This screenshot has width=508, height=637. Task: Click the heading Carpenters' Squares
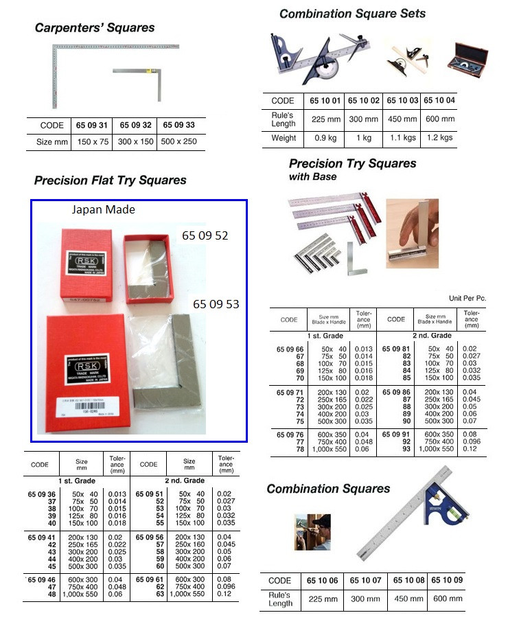[x=95, y=28]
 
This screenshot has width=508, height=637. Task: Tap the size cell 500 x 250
[x=179, y=142]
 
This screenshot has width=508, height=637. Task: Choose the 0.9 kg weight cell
[x=326, y=138]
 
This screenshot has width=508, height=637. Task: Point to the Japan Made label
[x=104, y=210]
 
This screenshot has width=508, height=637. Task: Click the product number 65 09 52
[x=205, y=235]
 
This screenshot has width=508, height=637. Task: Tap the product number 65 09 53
[x=216, y=303]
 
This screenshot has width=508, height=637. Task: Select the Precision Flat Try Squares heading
[x=110, y=181]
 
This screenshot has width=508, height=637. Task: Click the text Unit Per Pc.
[x=467, y=299]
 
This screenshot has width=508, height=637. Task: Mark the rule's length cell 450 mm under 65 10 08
[x=408, y=599]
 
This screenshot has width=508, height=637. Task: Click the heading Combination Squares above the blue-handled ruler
[x=328, y=489]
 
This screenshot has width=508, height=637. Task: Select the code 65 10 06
[x=325, y=581]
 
